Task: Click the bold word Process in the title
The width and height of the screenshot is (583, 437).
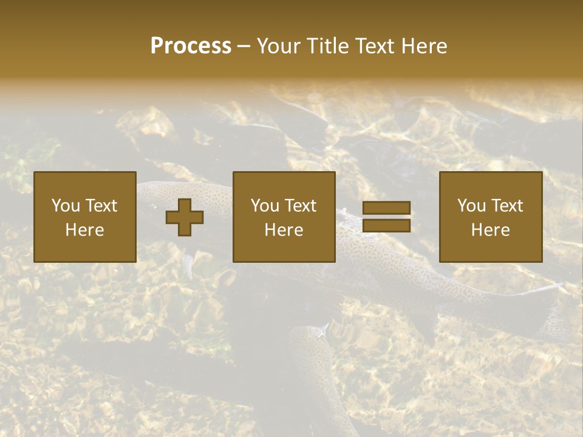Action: click(191, 46)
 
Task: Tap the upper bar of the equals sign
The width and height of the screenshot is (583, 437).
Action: click(386, 208)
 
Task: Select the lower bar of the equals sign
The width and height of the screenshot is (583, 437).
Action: click(386, 226)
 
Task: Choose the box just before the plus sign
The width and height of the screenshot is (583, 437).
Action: click(84, 217)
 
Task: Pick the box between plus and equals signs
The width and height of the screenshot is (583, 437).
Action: click(284, 217)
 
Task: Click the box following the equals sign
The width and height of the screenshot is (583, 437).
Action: click(490, 217)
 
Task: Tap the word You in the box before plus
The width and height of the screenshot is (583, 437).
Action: click(66, 206)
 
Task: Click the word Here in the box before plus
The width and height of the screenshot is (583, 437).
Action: click(84, 230)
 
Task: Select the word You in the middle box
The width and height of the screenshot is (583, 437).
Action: click(265, 206)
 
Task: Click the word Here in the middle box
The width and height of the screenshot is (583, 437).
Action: click(284, 230)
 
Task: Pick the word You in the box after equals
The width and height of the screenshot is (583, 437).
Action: click(471, 206)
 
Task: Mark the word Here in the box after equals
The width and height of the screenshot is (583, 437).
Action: click(490, 230)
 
